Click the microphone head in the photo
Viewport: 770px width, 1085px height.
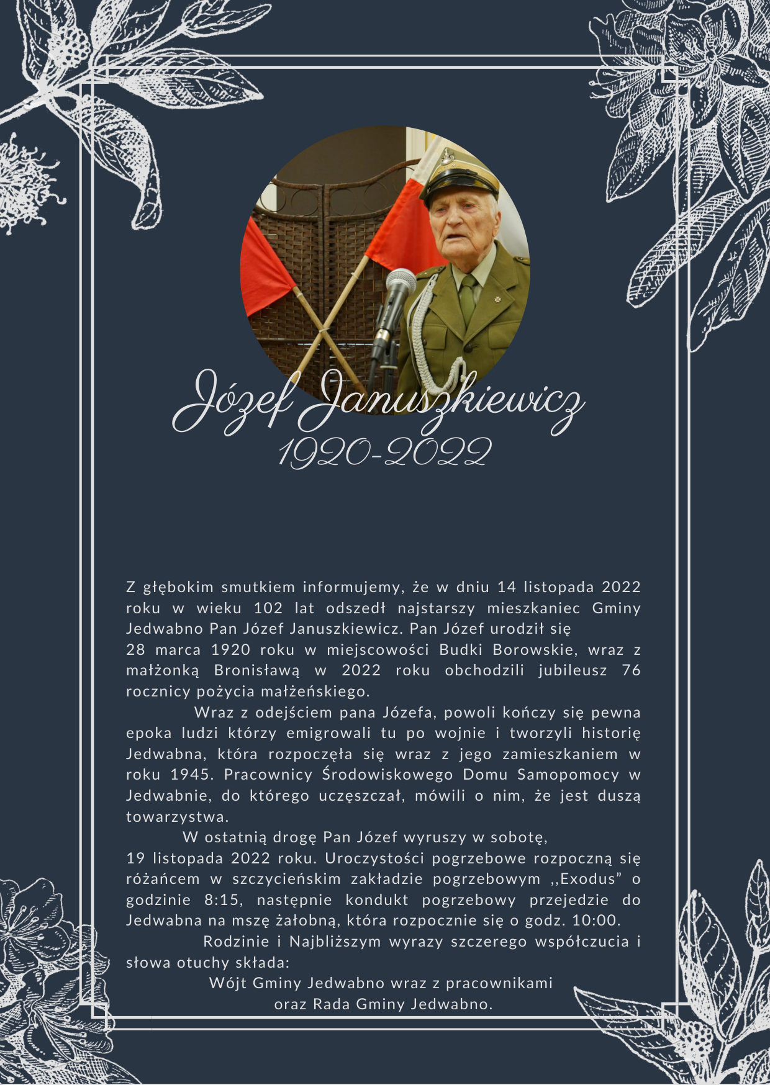coord(401,283)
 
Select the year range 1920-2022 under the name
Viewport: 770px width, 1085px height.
coord(384,452)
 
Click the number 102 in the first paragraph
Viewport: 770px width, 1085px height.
coord(268,608)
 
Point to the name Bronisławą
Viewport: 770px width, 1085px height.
coord(256,670)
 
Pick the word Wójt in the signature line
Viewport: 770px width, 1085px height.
coord(227,983)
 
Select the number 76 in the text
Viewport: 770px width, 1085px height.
coord(631,670)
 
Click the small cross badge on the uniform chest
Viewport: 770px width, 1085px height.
coord(497,299)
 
